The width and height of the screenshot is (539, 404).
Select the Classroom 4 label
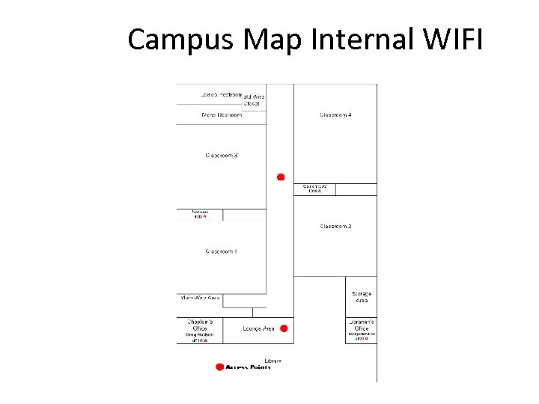[x=335, y=115]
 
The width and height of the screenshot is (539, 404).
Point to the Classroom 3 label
[x=222, y=155]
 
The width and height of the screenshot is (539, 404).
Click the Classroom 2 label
[x=335, y=226]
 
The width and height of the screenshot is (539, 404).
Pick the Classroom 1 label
[x=222, y=251]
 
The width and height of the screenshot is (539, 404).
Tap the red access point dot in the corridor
[x=281, y=177]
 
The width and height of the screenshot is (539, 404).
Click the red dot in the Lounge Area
[x=283, y=328]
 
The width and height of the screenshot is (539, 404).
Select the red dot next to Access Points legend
[x=219, y=367]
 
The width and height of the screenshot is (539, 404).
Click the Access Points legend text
[x=248, y=367]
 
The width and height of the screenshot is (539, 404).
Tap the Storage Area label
[x=362, y=297]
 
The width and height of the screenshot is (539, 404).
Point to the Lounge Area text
[x=259, y=328]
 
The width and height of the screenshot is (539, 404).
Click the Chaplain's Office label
[x=199, y=325]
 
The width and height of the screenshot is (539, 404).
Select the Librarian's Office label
[x=362, y=325]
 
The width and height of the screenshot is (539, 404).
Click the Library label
[x=272, y=361]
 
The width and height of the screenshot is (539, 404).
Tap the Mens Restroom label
[x=222, y=115]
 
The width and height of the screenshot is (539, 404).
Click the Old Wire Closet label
[x=254, y=100]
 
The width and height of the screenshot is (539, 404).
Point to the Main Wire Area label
[x=200, y=298]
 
